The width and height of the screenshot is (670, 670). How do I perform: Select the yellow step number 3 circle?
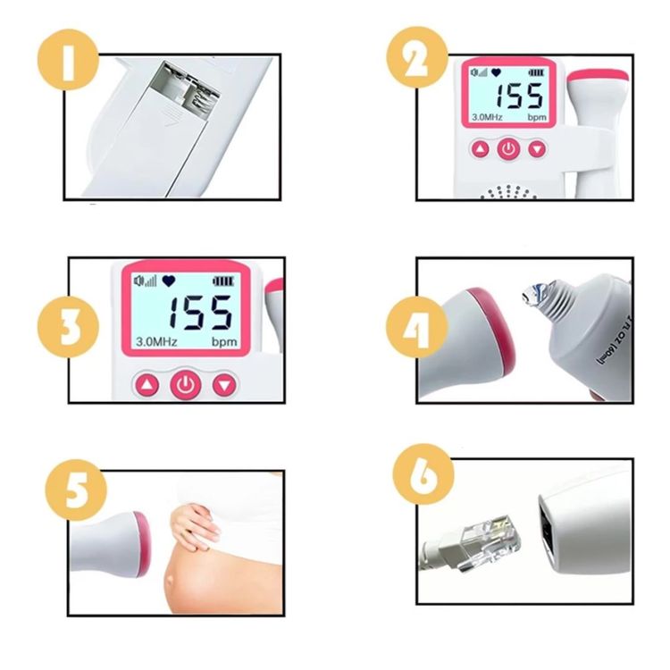68,327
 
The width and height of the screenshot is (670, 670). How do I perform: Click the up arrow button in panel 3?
147,386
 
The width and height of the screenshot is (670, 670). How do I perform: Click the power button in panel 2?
508,148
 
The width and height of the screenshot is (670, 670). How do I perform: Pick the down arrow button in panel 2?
537,148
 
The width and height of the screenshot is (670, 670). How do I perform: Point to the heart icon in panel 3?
168,281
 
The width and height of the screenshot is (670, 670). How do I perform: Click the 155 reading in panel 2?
521,97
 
